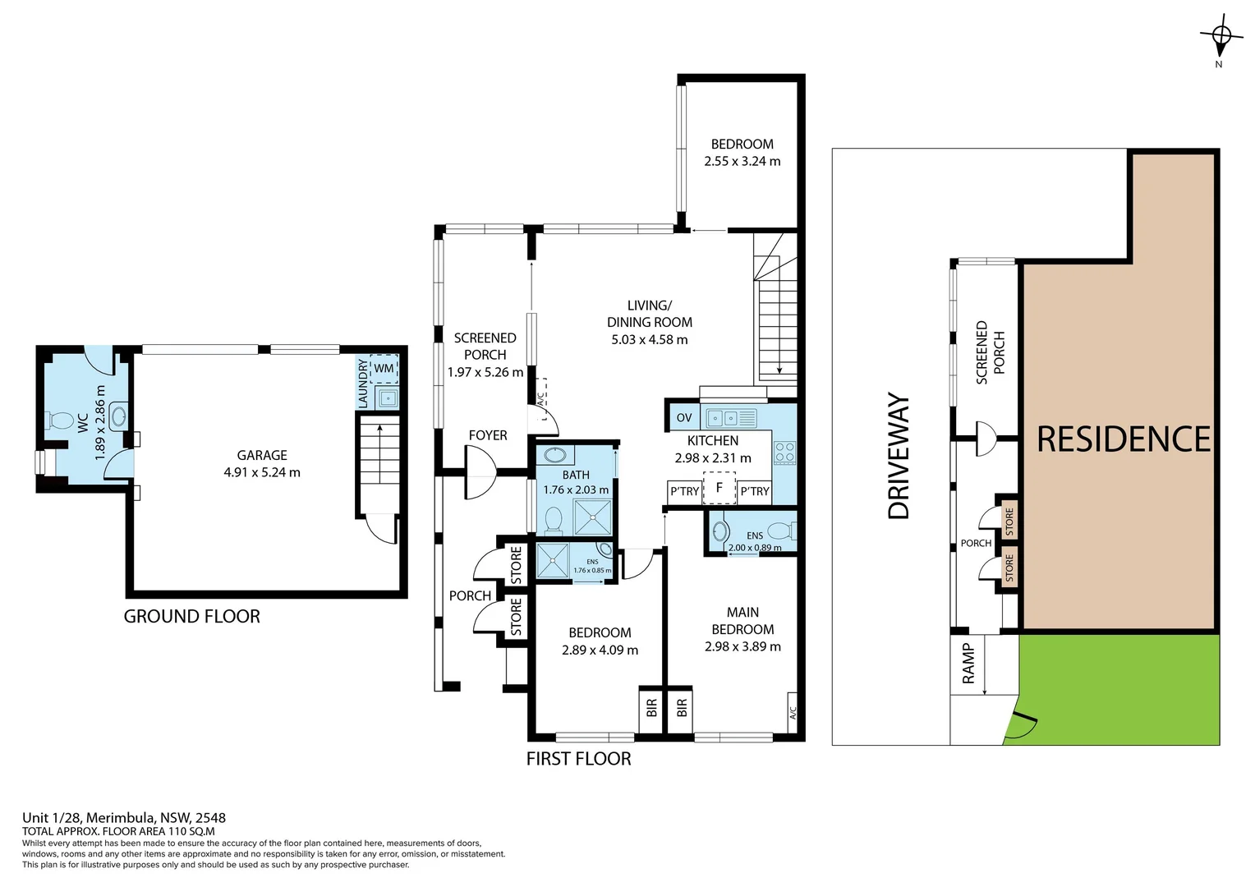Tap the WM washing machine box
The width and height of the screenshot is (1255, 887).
[384, 369]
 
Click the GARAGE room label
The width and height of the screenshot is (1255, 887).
[262, 455]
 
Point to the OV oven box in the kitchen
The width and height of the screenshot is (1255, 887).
[684, 417]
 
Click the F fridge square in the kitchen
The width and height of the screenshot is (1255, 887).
[719, 488]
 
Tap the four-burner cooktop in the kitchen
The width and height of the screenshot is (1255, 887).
[784, 453]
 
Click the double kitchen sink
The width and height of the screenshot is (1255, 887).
[730, 417]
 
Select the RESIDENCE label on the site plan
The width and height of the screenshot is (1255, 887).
[1123, 439]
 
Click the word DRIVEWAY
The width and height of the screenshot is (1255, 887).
[899, 456]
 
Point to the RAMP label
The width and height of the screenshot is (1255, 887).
[968, 664]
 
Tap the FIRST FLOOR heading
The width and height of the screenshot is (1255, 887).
[578, 759]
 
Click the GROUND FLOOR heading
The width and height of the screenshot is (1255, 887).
[191, 616]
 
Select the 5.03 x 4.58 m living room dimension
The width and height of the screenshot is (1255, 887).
[649, 339]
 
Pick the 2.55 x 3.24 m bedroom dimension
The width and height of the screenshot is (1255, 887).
[742, 161]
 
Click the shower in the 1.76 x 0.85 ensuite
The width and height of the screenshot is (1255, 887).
[553, 559]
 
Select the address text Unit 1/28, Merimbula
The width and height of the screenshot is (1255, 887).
[123, 817]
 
